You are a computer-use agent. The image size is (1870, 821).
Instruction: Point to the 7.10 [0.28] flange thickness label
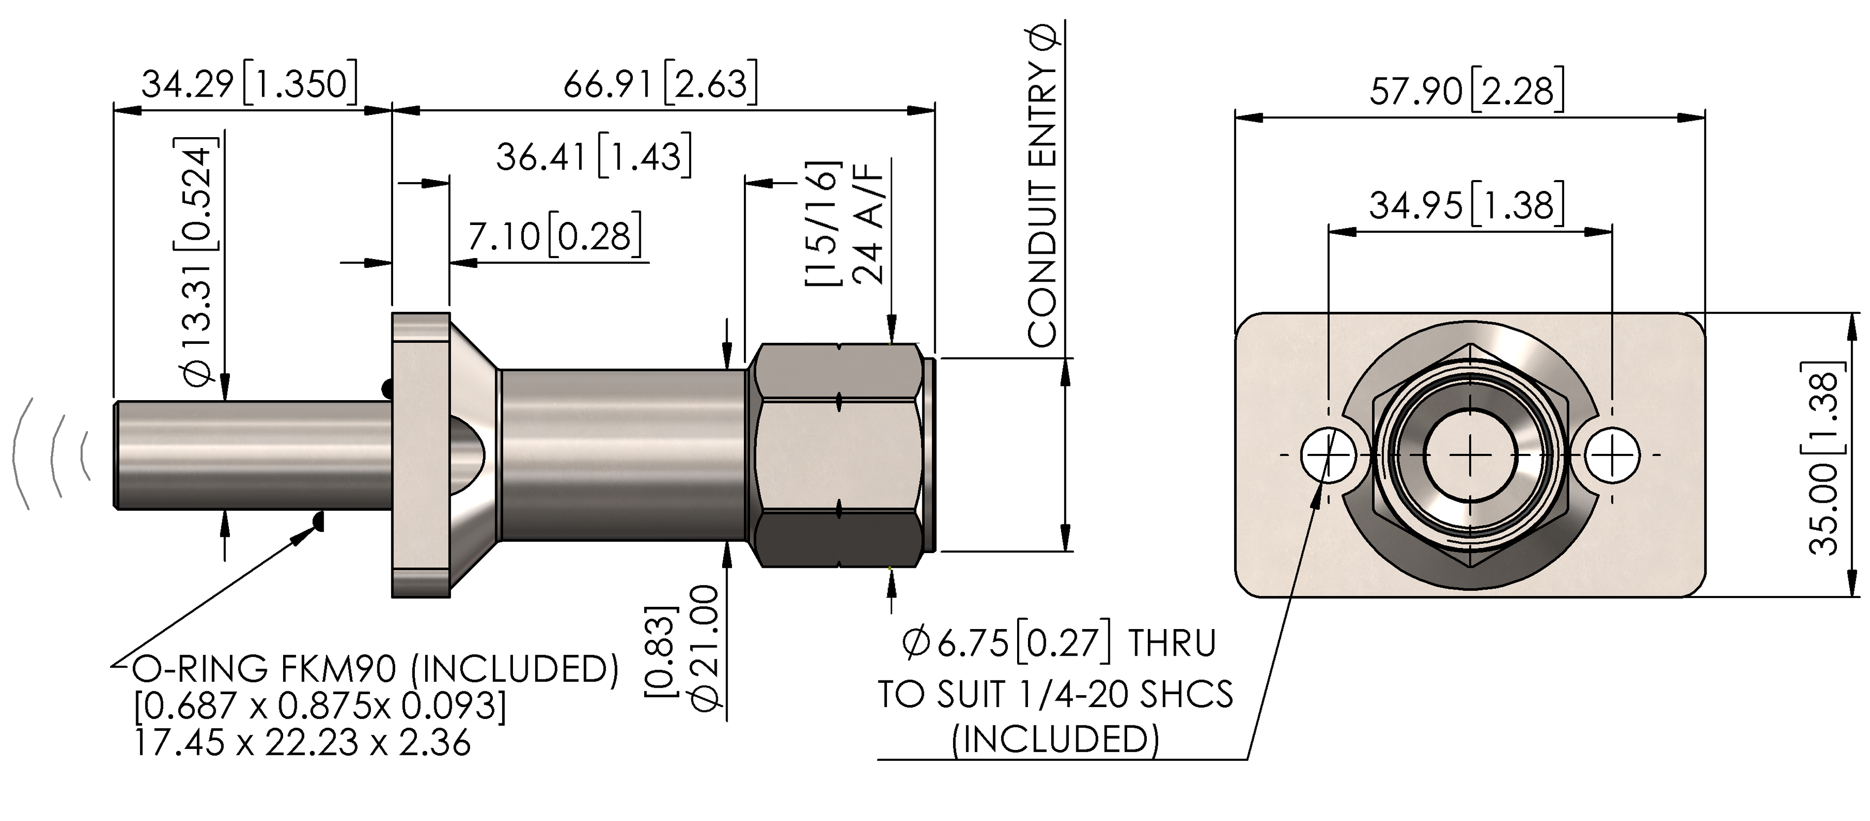(x=554, y=235)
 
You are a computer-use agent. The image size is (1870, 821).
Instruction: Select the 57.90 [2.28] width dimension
(x=1467, y=91)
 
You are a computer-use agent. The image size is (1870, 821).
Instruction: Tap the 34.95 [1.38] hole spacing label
(x=1467, y=205)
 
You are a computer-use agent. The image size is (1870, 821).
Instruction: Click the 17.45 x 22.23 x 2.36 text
(x=303, y=742)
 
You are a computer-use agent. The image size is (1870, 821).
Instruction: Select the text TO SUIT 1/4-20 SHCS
(x=1056, y=694)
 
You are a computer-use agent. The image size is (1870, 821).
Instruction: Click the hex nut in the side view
(x=839, y=455)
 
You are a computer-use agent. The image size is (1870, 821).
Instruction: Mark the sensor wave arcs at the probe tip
(x=52, y=454)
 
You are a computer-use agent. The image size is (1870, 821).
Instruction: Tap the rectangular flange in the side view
(x=421, y=455)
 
